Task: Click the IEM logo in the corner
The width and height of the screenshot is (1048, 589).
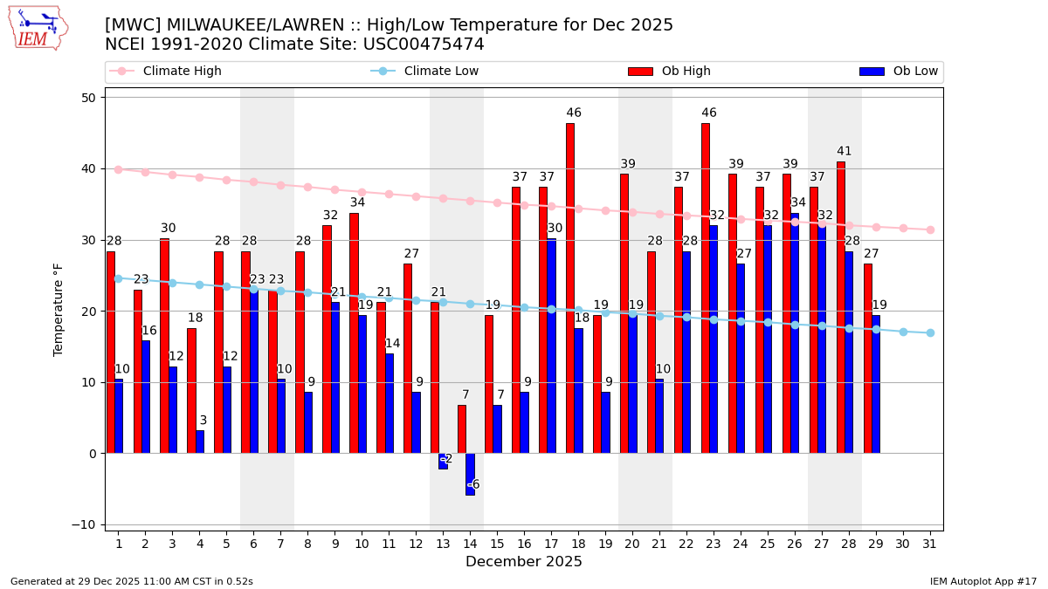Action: (x=38, y=28)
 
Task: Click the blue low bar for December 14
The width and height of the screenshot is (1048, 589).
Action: (x=470, y=474)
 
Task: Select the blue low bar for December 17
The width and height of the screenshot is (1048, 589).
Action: (x=551, y=346)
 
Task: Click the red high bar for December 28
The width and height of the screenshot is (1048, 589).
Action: (x=841, y=306)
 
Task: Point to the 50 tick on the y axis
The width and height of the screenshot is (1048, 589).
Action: (x=89, y=98)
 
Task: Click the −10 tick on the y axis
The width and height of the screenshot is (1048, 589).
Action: (x=86, y=524)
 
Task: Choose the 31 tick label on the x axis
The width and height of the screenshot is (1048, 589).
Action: (x=930, y=544)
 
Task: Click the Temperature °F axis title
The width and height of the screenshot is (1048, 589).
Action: (x=59, y=310)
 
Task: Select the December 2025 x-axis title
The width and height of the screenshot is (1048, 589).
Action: (x=524, y=563)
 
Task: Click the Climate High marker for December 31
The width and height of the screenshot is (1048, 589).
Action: (x=930, y=229)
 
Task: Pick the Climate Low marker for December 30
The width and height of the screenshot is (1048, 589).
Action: (x=903, y=332)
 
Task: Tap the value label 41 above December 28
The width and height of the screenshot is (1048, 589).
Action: (x=844, y=152)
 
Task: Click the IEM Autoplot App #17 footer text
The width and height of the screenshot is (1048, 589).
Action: (x=982, y=581)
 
